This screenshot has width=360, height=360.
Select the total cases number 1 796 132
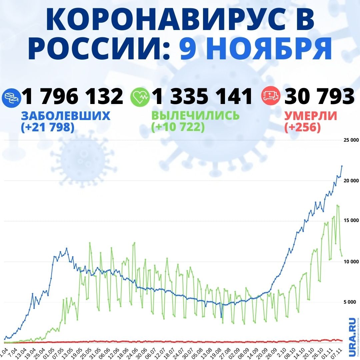point(72,96)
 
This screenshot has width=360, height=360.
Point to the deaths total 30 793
point(319,96)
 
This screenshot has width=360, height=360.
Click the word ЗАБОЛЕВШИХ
point(66,116)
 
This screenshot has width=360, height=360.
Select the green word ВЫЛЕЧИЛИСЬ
point(195,116)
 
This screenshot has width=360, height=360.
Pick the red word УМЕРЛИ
point(310,116)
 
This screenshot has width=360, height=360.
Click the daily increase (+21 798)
point(47,127)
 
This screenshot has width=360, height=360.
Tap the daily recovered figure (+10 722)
point(178,127)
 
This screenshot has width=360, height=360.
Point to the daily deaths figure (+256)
point(303,127)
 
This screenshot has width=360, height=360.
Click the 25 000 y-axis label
point(351,140)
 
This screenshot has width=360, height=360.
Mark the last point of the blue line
point(342,166)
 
